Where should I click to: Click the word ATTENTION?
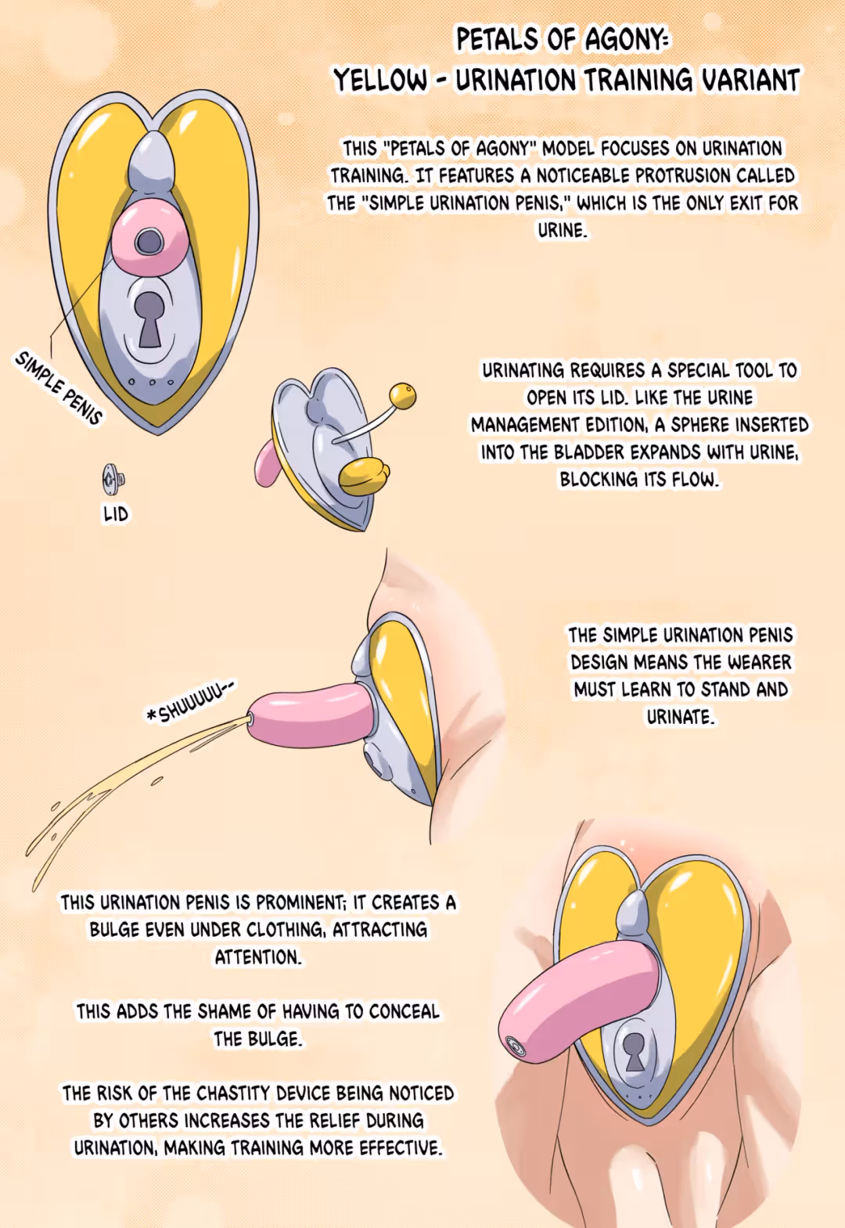tap(258, 957)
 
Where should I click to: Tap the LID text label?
tap(116, 514)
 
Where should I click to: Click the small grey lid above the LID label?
tap(113, 478)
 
